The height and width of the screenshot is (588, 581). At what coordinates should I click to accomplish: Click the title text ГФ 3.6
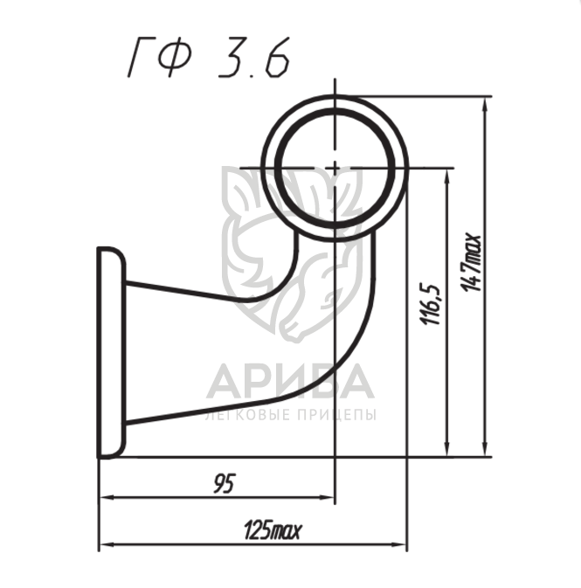(209, 58)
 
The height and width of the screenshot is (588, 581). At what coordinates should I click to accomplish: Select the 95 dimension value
(225, 483)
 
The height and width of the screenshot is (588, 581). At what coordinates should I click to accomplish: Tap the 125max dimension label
(273, 529)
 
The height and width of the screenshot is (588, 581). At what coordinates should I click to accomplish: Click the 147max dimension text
(470, 262)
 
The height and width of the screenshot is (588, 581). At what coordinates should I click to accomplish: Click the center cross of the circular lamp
(335, 168)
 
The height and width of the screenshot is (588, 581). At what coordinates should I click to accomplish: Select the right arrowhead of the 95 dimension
(327, 498)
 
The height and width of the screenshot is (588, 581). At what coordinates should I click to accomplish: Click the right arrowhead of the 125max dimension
(399, 543)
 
